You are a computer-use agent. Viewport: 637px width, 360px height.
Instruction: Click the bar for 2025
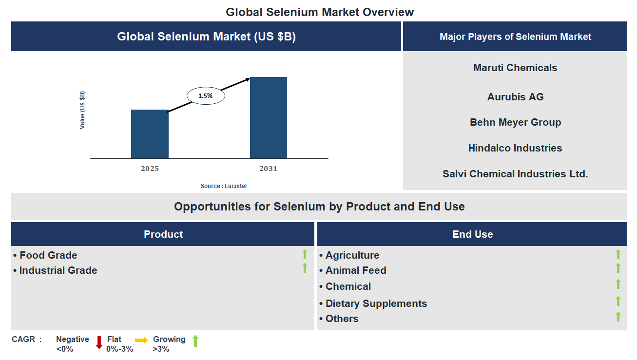[150, 134]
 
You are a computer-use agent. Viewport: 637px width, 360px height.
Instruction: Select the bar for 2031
[268, 117]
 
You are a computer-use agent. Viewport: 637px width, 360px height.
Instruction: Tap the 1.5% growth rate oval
[206, 96]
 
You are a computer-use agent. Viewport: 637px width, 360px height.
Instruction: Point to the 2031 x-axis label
[268, 169]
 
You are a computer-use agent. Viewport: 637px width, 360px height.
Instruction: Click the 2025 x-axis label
[150, 169]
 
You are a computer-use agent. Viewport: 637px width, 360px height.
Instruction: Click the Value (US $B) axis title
[82, 110]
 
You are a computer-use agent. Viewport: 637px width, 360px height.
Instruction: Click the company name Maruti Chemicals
[515, 68]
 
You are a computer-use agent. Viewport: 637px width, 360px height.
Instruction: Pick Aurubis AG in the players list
[515, 97]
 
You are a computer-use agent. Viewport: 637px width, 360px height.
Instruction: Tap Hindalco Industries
[515, 148]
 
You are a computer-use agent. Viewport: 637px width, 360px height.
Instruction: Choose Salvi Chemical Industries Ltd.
[515, 174]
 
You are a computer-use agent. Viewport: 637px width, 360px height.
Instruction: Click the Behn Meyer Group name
[515, 122]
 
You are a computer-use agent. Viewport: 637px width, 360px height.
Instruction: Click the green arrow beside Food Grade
[305, 254]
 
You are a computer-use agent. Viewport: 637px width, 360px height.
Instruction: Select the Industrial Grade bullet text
[58, 270]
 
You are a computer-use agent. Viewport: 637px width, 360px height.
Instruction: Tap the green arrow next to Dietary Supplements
[618, 301]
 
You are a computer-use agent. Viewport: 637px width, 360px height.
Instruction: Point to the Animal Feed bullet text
[355, 270]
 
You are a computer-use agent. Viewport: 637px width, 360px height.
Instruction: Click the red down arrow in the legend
[99, 342]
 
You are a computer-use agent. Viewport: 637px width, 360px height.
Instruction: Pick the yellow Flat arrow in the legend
[141, 341]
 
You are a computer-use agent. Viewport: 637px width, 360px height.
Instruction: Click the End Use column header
[472, 234]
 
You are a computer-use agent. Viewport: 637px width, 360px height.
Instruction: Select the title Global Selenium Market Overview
[320, 12]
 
